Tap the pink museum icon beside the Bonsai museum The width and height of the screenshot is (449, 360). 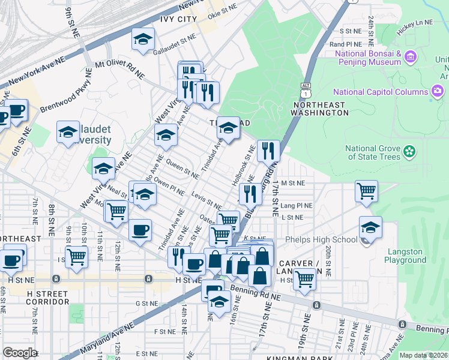tap(411, 58)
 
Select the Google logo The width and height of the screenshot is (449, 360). tap(19, 353)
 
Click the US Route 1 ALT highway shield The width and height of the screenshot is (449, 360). tap(307, 90)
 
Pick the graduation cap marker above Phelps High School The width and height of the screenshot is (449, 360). tap(370, 229)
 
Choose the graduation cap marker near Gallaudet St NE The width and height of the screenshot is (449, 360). tap(142, 40)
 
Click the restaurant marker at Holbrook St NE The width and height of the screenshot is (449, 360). tap(268, 151)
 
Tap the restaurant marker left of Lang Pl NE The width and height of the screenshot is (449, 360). tap(250, 194)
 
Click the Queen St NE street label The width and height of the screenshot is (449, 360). tap(182, 167)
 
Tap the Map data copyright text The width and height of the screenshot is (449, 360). tap(423, 355)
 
